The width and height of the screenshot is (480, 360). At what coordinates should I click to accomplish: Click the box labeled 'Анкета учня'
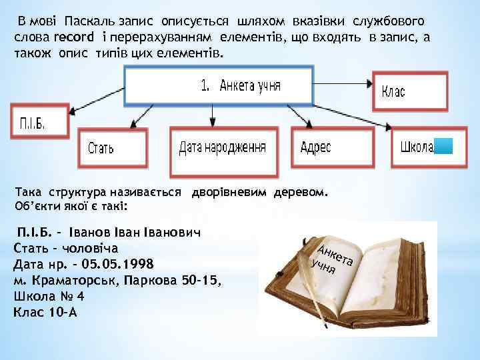[x=219, y=85]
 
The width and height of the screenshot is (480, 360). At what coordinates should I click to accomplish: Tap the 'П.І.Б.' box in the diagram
[x=41, y=122]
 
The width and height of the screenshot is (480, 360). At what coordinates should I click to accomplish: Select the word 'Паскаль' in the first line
[x=89, y=21]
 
